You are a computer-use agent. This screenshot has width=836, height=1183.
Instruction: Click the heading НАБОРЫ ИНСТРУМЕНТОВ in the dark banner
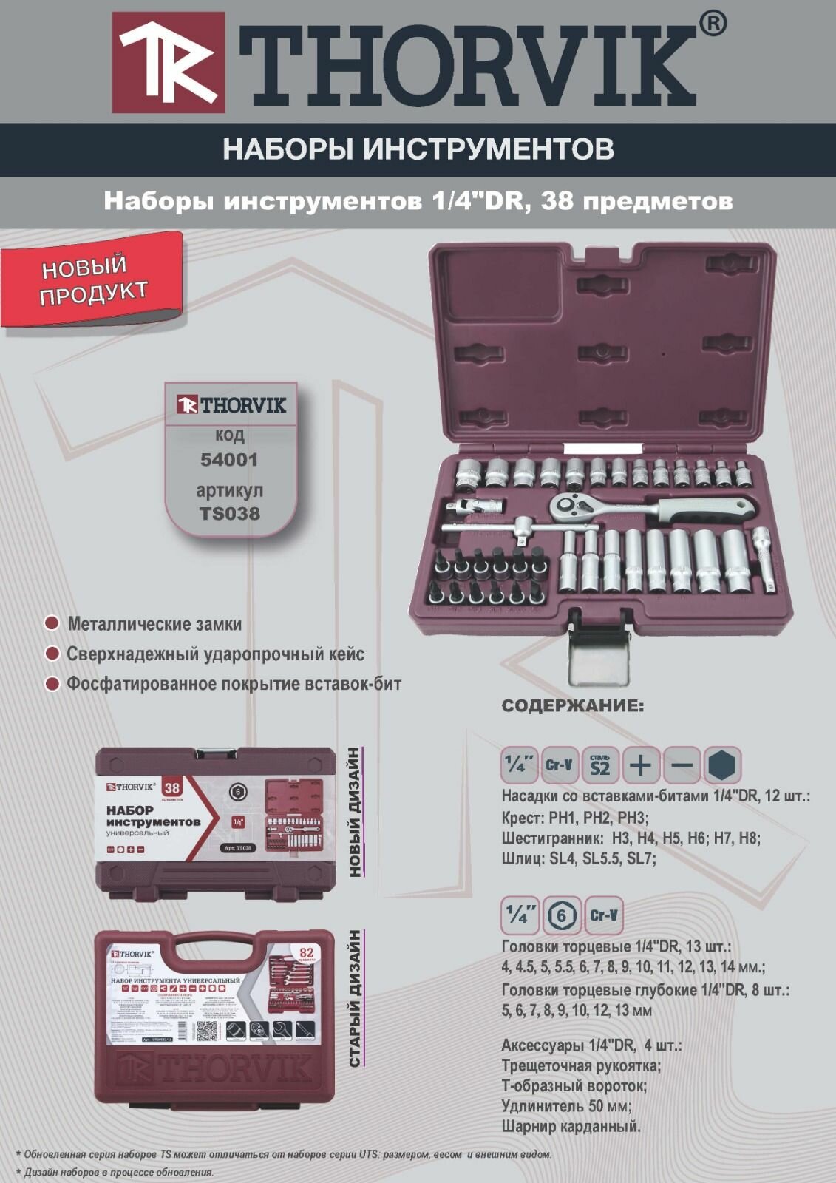pyautogui.click(x=418, y=149)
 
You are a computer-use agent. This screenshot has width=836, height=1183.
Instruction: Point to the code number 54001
pyautogui.click(x=230, y=459)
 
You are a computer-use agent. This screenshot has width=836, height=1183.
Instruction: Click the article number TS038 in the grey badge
pyautogui.click(x=230, y=512)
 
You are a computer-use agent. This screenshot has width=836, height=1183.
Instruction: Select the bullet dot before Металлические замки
pyautogui.click(x=52, y=623)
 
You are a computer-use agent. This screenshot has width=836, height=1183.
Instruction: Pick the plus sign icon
pyautogui.click(x=640, y=765)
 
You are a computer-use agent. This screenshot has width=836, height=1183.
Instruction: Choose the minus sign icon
pyautogui.click(x=681, y=765)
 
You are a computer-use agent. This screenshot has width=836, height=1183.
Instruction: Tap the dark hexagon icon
pyautogui.click(x=722, y=765)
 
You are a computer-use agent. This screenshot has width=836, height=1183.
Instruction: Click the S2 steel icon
pyautogui.click(x=599, y=765)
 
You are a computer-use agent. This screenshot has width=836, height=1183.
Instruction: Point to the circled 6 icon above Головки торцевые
pyautogui.click(x=563, y=915)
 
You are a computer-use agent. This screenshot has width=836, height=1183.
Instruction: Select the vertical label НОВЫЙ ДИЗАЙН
pyautogui.click(x=356, y=811)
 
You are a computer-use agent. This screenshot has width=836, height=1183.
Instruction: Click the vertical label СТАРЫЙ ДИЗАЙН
pyautogui.click(x=356, y=998)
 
